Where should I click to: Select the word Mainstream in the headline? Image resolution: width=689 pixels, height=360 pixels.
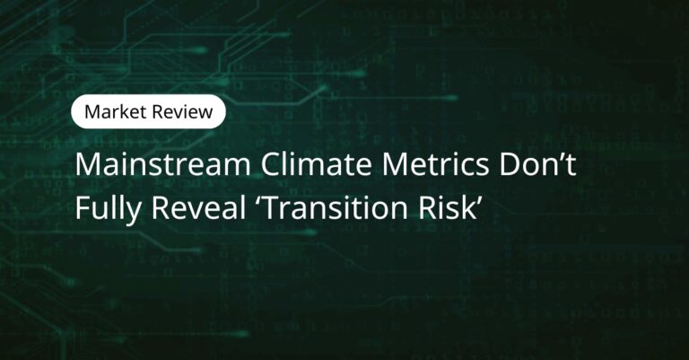pyautogui.click(x=163, y=165)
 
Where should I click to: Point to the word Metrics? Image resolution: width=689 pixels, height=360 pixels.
pyautogui.click(x=435, y=165)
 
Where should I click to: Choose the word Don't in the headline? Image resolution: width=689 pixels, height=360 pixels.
pyautogui.click(x=537, y=165)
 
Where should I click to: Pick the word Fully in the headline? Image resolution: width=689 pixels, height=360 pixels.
pyautogui.click(x=108, y=209)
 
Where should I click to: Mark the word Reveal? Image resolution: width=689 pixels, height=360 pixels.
pyautogui.click(x=198, y=207)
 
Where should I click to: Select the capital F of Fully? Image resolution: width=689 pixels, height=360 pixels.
pyautogui.click(x=83, y=208)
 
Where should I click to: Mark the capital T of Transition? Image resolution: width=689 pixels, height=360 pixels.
pyautogui.click(x=272, y=208)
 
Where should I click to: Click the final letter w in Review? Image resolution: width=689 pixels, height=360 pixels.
pyautogui.click(x=205, y=114)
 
